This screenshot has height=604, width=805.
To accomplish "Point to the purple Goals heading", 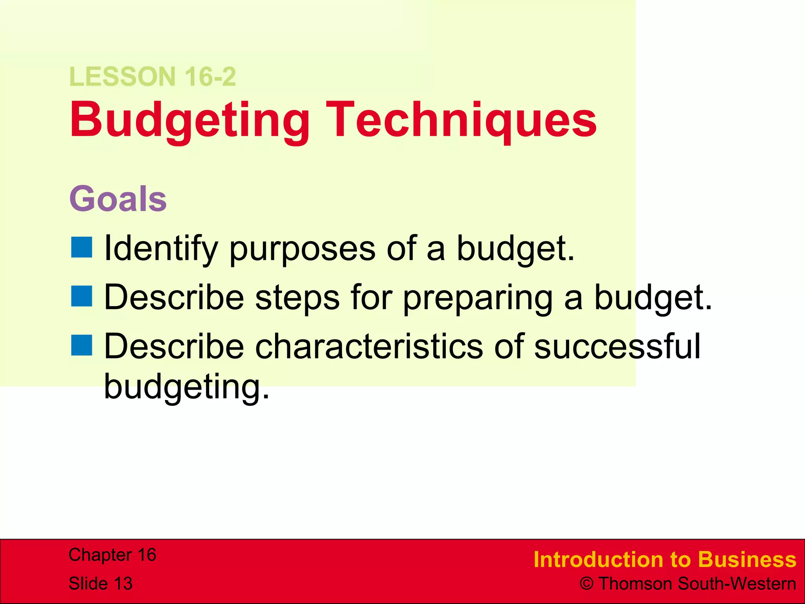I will pyautogui.click(x=118, y=199).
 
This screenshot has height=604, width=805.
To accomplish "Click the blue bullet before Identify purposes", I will pyautogui.click(x=82, y=247).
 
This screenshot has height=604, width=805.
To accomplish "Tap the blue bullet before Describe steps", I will pyautogui.click(x=82, y=296).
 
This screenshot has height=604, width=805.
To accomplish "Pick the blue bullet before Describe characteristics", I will pyautogui.click(x=82, y=345).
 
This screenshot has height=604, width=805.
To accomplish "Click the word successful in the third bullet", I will pyautogui.click(x=617, y=346).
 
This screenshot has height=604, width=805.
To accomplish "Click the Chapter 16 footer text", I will pyautogui.click(x=112, y=555).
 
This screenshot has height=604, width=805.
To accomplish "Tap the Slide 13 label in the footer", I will pyautogui.click(x=101, y=584).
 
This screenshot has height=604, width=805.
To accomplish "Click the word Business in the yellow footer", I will pyautogui.click(x=747, y=560).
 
